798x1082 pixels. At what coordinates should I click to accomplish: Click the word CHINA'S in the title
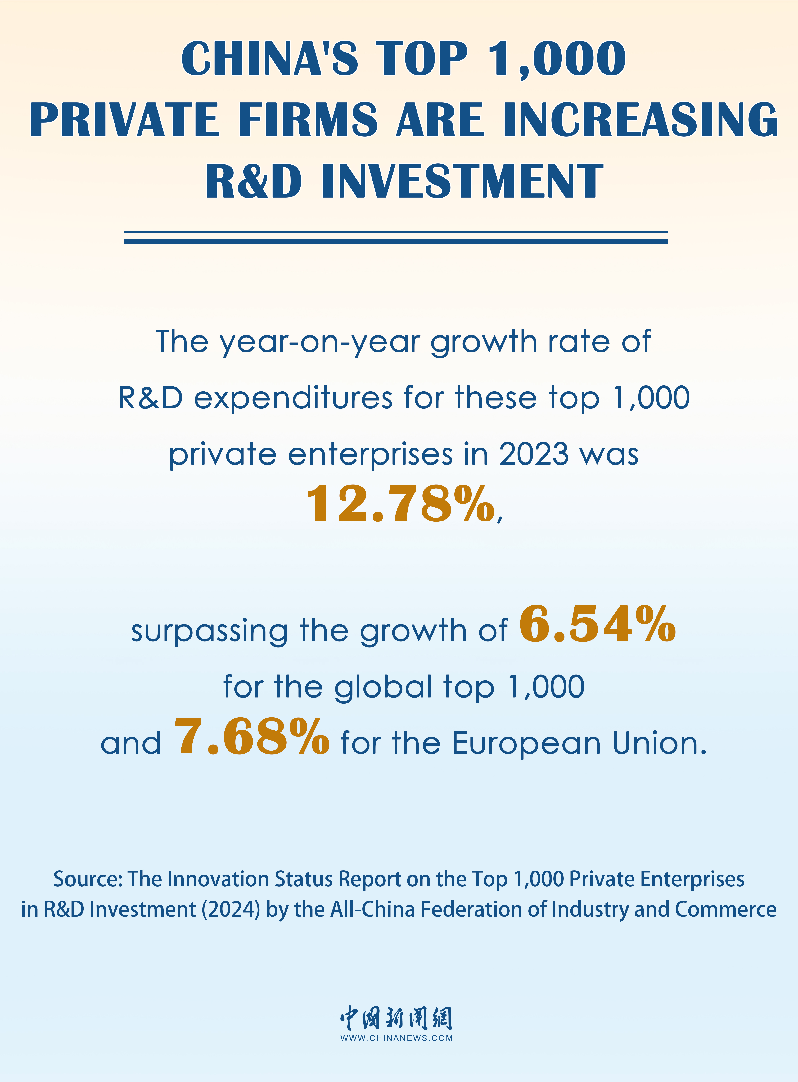point(269,59)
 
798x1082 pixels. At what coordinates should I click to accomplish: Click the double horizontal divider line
point(396,237)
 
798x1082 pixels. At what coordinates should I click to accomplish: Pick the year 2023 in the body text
point(534,455)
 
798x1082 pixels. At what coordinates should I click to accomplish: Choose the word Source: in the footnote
point(88,879)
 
